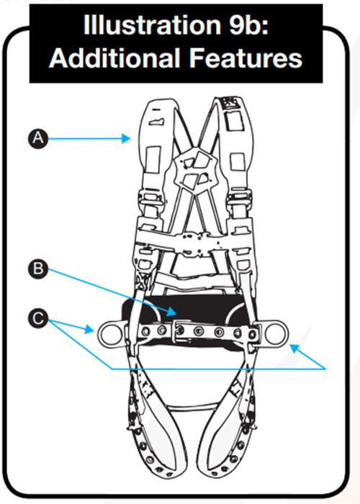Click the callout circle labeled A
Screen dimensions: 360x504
(x=38, y=138)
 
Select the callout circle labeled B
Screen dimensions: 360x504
(x=38, y=269)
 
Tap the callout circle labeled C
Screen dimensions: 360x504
(x=38, y=318)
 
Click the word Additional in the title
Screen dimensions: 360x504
(x=114, y=58)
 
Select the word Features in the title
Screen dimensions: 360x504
(x=246, y=58)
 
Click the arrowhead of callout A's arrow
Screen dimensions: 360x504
(x=126, y=138)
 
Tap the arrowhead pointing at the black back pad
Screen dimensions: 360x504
(x=171, y=311)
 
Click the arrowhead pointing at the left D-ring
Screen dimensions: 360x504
(x=89, y=329)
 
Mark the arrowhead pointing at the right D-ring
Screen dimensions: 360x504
(x=294, y=348)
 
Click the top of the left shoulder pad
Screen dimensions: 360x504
(x=158, y=104)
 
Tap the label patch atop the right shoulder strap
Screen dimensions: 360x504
(x=230, y=103)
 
